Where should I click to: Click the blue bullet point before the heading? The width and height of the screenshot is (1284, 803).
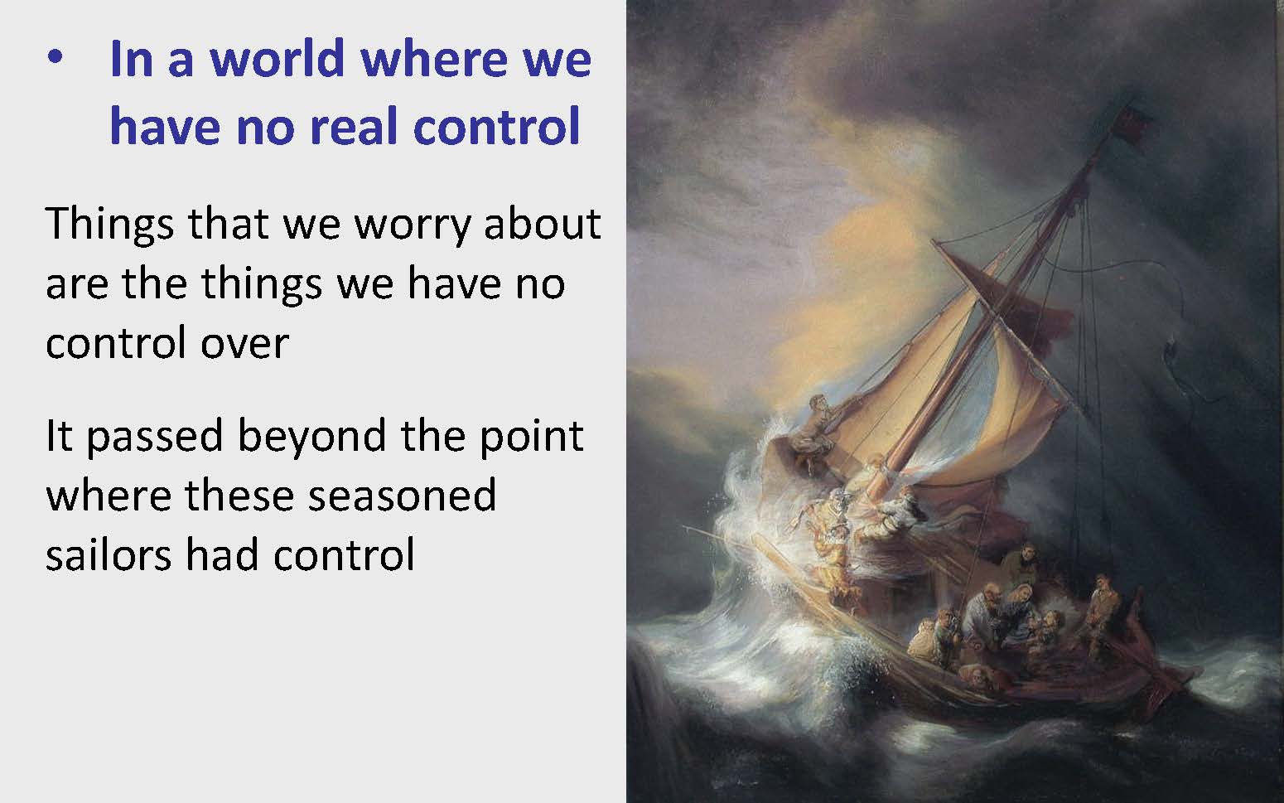tap(55, 57)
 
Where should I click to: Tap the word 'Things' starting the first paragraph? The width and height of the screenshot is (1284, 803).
tap(109, 225)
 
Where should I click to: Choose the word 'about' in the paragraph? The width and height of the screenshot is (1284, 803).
tap(543, 223)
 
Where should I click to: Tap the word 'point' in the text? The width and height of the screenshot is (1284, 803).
tap(532, 437)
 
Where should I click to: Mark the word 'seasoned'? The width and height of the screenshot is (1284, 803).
tap(402, 496)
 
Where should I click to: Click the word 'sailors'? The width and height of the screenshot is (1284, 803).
tap(109, 554)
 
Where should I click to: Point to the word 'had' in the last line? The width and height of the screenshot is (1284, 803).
tap(222, 554)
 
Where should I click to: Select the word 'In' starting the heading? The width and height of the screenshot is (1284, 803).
tap(131, 59)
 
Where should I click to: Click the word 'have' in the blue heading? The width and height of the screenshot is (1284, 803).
tap(165, 125)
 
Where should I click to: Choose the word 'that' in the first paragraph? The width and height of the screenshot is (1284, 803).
tap(228, 223)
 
